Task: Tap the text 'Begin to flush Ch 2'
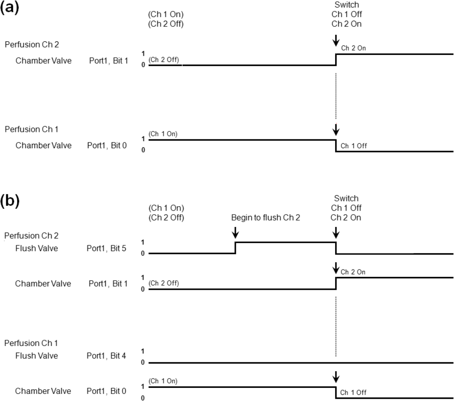tap(266, 218)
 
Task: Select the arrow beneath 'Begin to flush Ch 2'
tap(236, 232)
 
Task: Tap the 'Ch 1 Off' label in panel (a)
tap(354, 146)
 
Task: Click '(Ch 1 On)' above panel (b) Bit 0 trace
tap(163, 381)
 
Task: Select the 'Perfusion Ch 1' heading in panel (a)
tap(31, 130)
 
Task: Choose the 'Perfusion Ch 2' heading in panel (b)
tap(31, 236)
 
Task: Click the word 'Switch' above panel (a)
tap(347, 5)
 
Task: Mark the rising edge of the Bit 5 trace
tap(236, 248)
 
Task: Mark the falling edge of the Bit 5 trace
tap(336, 248)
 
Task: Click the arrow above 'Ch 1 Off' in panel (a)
tap(336, 130)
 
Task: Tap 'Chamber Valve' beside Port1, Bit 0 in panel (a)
tap(44, 146)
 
